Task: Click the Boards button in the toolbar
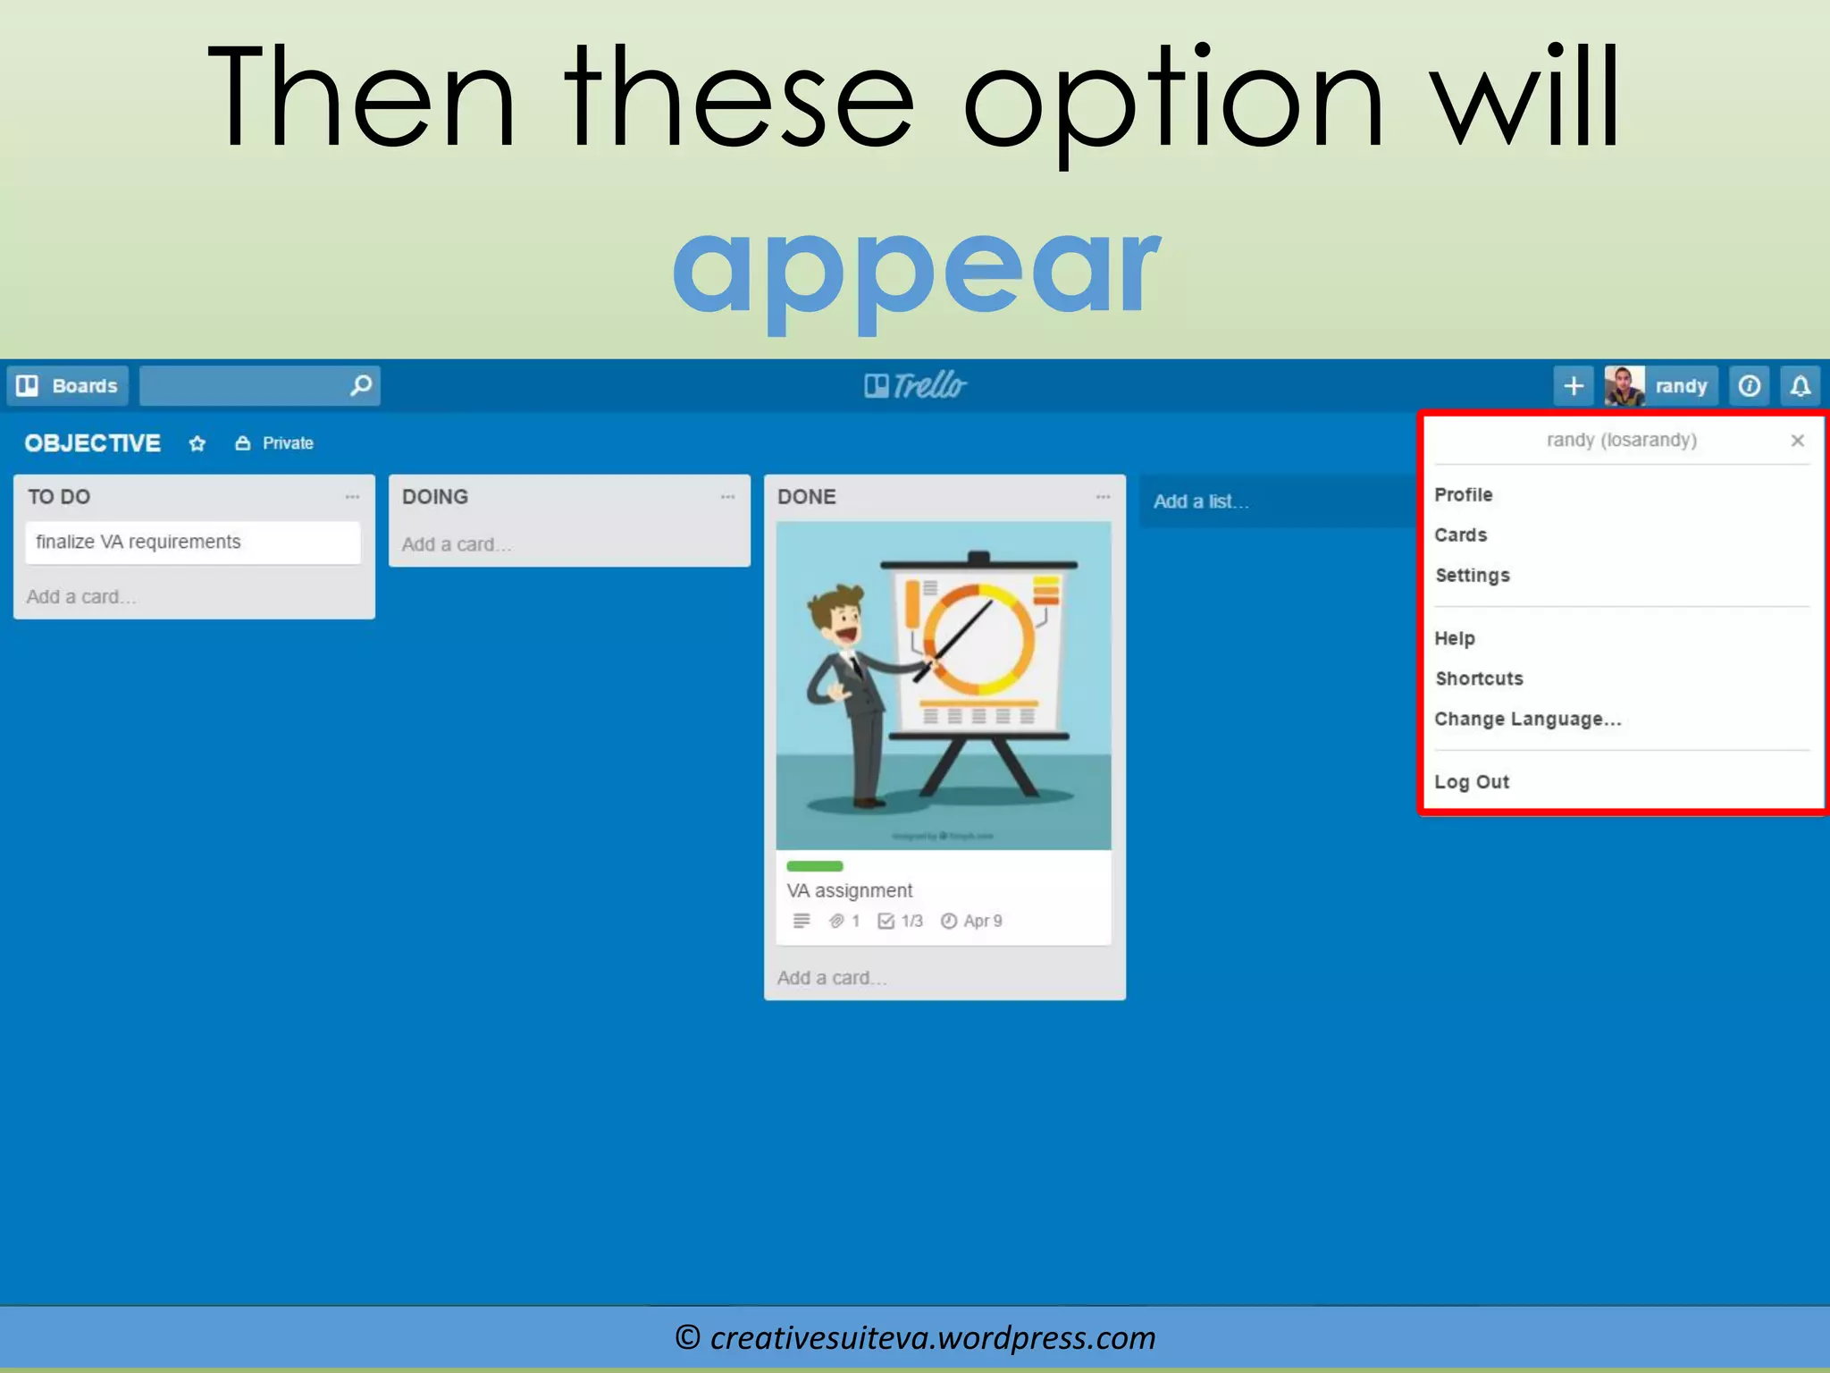click(68, 386)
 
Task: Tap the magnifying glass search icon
click(360, 385)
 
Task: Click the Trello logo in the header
click(915, 386)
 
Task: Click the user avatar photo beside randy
click(1624, 386)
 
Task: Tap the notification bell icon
click(1800, 386)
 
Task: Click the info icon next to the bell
click(1749, 386)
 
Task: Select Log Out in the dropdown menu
click(1471, 782)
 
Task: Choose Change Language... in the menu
click(1527, 720)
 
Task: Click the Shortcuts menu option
click(1479, 678)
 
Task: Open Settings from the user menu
click(1472, 576)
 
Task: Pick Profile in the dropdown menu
click(1463, 495)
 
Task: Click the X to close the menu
click(1797, 441)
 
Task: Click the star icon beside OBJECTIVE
click(197, 443)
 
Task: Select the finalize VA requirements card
click(192, 543)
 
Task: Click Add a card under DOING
click(456, 544)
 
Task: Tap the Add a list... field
click(1201, 501)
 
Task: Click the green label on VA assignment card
click(814, 865)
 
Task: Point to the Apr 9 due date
click(972, 921)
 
